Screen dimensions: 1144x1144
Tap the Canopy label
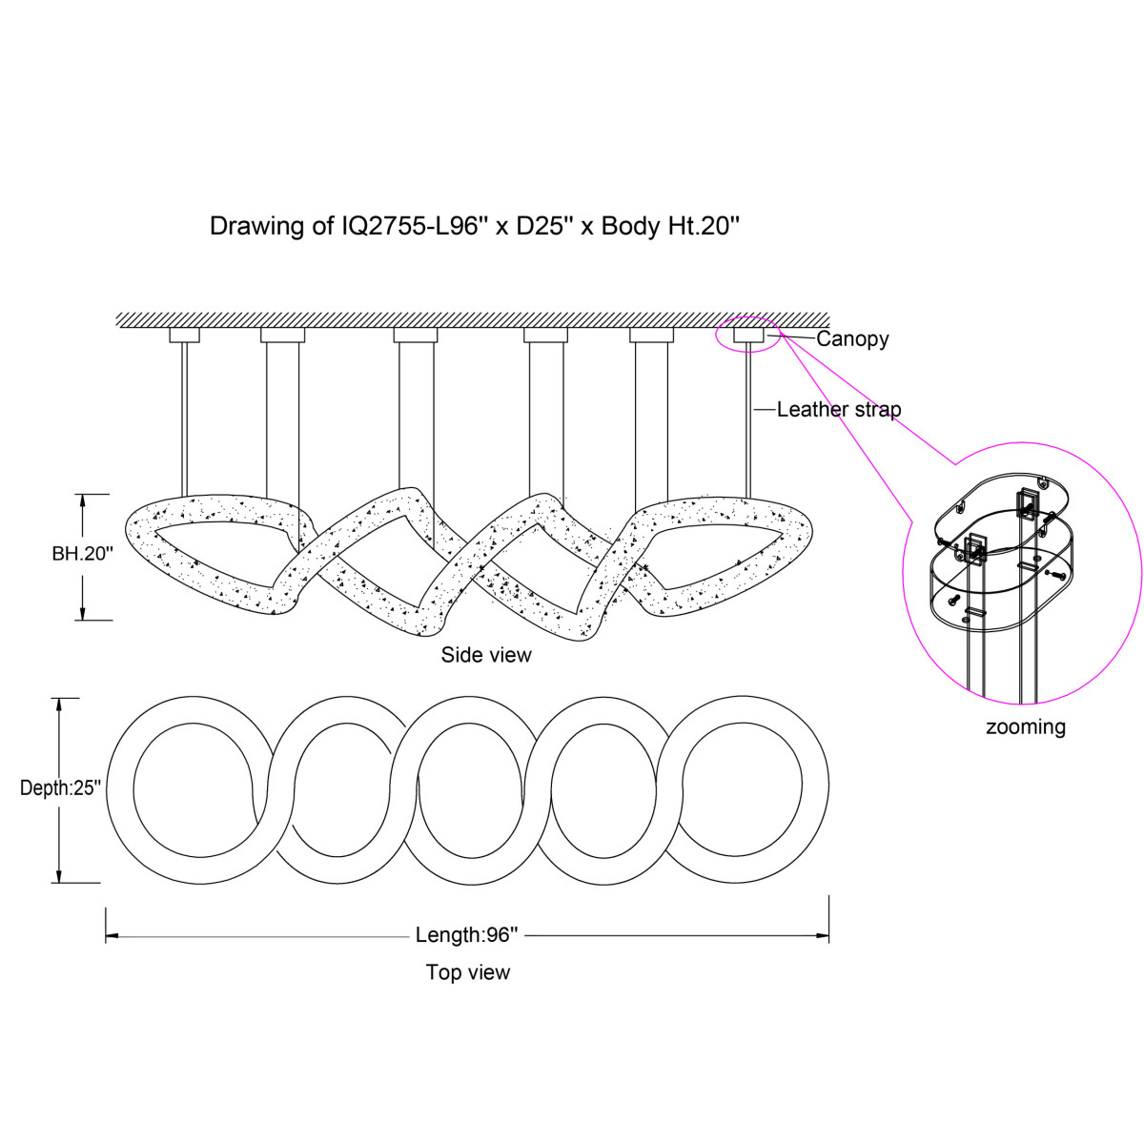tap(852, 338)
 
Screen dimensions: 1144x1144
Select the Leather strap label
tap(838, 410)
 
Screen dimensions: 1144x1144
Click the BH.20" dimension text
tap(83, 553)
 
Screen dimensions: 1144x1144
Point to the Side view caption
tap(486, 655)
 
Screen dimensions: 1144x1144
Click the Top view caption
tap(468, 972)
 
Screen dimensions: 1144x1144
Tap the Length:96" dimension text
tap(467, 935)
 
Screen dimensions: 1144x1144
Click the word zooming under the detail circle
tap(1026, 726)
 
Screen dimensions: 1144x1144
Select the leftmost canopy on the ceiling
tap(185, 335)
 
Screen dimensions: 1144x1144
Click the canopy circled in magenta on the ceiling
tap(748, 335)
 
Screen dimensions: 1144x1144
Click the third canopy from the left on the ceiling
tap(416, 335)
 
